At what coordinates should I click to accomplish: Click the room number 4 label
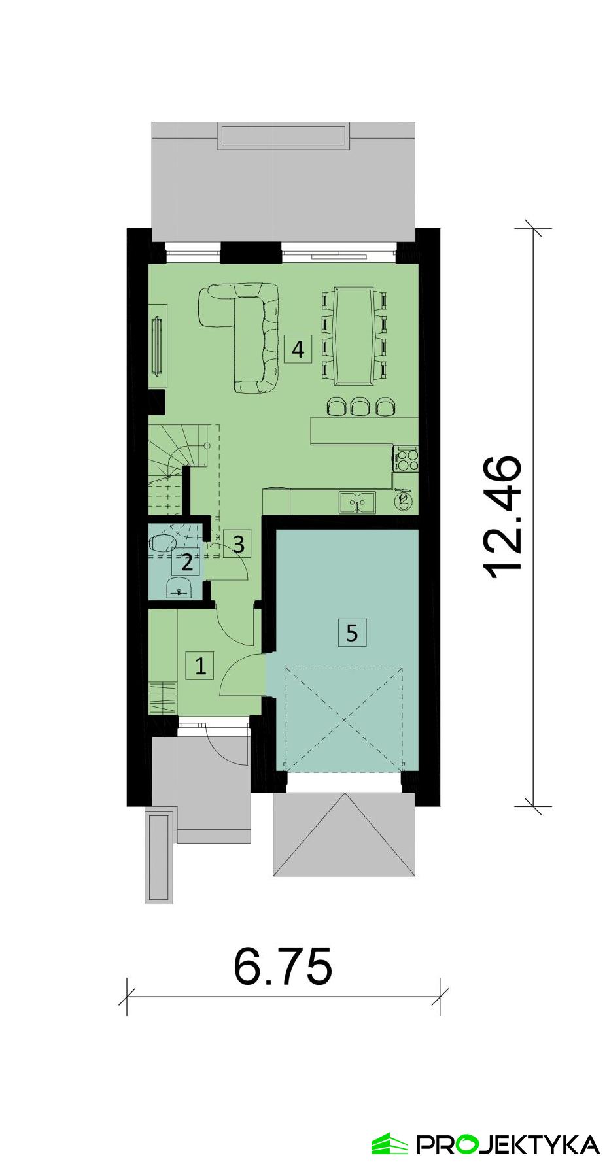tap(298, 349)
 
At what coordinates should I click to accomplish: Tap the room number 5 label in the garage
tap(352, 632)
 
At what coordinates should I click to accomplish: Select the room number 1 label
tap(200, 666)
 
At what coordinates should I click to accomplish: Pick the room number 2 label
tap(187, 562)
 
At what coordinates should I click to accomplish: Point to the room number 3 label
tap(238, 543)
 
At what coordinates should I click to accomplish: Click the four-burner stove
tap(406, 458)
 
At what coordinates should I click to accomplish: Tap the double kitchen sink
tap(357, 502)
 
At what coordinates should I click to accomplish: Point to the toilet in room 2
tap(164, 542)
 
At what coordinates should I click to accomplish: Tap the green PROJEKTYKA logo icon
tap(390, 1144)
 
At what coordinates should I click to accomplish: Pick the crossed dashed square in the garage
tap(344, 719)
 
